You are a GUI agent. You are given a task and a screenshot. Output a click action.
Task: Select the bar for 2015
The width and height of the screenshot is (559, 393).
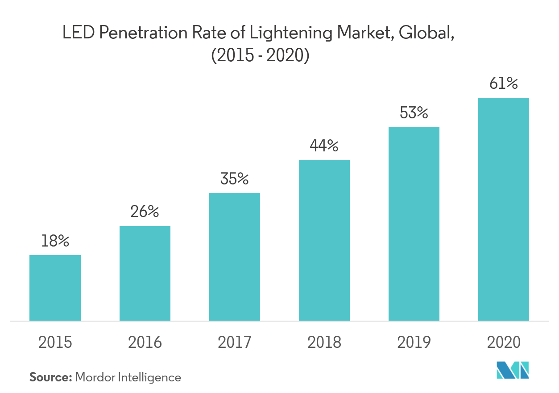coord(55,288)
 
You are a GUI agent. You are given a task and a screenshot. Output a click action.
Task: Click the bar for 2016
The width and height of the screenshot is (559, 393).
coord(145,273)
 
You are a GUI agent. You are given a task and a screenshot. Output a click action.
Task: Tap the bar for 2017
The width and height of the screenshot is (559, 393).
coord(235,257)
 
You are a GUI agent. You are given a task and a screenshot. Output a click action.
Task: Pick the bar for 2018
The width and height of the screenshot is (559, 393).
coord(324,240)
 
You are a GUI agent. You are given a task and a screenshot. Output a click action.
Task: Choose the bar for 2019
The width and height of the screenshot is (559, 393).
coord(414,224)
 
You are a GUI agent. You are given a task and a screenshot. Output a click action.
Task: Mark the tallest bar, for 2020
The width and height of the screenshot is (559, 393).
coord(504,209)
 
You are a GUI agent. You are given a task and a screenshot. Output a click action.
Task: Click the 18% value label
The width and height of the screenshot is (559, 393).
coord(55,241)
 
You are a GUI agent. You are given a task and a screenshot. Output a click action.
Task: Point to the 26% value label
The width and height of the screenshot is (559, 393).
coord(145,212)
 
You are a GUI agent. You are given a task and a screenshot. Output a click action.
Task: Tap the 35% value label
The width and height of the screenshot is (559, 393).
coord(235,179)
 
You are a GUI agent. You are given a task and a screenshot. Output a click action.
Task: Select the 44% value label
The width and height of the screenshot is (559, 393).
coord(324,146)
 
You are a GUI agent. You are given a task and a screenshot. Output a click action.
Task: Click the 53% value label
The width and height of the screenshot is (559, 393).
coord(414,113)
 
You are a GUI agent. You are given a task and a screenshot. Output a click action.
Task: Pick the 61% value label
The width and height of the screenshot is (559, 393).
coord(504,84)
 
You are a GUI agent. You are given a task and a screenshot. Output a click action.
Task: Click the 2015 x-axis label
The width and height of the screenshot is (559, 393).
coord(55,343)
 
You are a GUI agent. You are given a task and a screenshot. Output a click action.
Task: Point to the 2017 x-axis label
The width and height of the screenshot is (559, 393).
coord(235,343)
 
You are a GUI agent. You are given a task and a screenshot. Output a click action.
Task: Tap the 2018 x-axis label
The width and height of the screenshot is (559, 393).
coord(324,343)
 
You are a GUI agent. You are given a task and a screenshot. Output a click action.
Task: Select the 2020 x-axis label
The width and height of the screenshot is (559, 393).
coord(504,343)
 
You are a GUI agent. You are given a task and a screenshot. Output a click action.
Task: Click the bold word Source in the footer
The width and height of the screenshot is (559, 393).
coord(50,377)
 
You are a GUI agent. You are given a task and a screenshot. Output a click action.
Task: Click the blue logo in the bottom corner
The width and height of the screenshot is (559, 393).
coord(513,371)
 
